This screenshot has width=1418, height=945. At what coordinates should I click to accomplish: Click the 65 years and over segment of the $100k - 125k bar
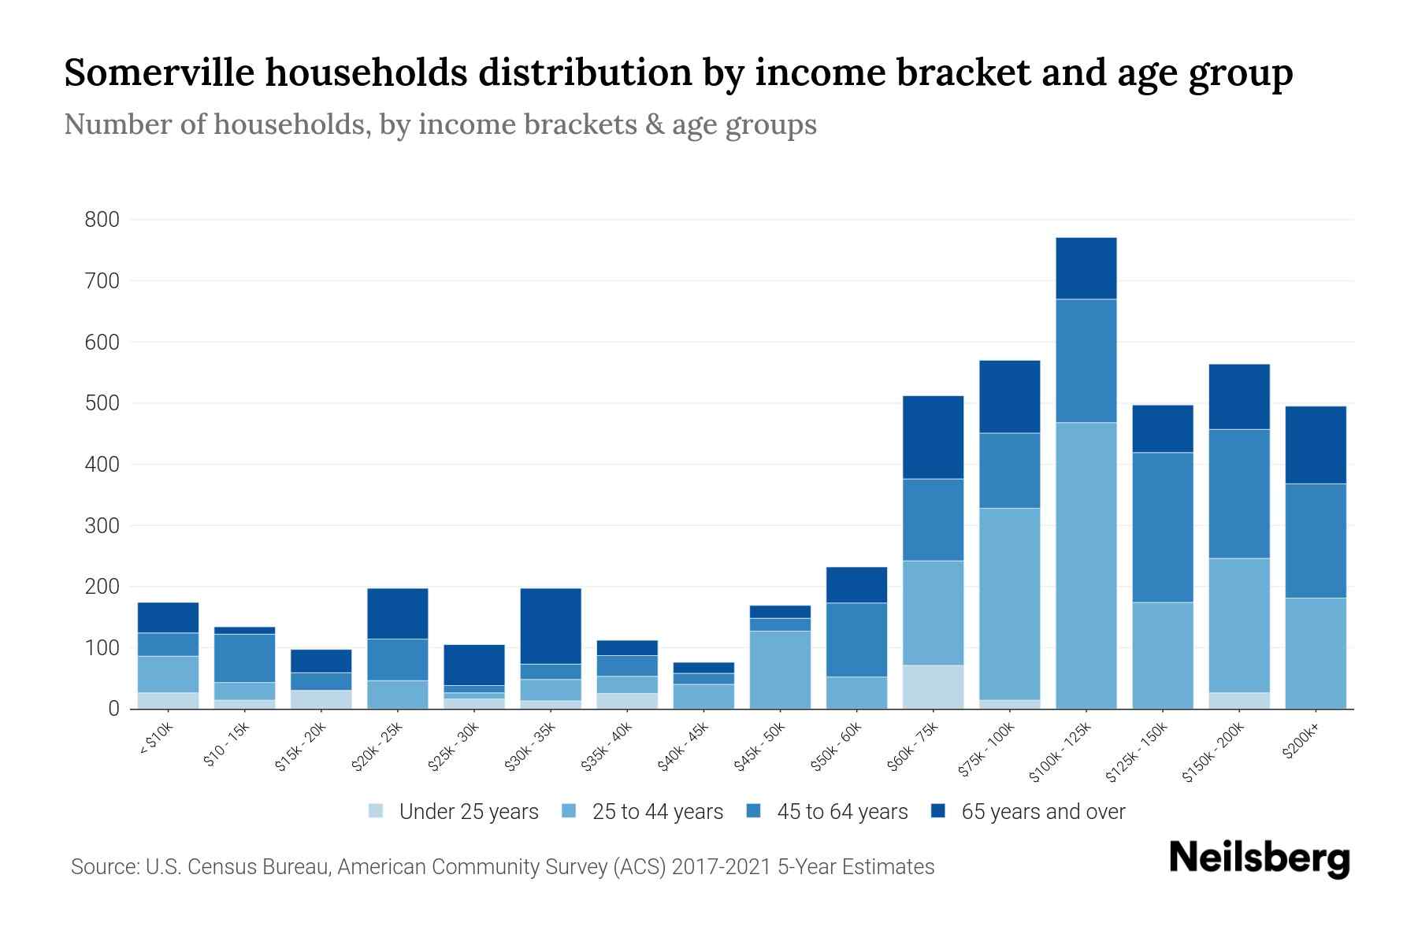(x=1086, y=269)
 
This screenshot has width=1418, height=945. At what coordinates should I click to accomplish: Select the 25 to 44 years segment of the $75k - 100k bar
(x=1009, y=604)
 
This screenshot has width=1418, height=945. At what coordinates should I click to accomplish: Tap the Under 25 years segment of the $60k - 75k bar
(x=933, y=687)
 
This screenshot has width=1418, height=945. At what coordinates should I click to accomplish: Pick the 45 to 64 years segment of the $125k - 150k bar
(x=1163, y=527)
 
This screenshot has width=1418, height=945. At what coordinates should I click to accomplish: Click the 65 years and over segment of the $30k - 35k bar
(x=551, y=626)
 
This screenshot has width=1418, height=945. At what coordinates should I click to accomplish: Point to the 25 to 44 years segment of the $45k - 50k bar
(x=780, y=669)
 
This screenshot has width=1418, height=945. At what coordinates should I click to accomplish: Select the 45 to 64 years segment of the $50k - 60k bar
(x=856, y=639)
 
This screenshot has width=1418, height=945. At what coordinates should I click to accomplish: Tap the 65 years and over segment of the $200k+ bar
(x=1316, y=445)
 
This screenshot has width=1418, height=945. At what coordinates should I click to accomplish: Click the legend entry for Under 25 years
(x=454, y=811)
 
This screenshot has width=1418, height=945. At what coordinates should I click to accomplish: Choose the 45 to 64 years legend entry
(x=827, y=811)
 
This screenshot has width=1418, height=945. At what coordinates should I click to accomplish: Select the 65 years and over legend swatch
(x=938, y=810)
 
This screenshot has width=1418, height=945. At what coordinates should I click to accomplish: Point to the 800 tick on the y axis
(x=102, y=220)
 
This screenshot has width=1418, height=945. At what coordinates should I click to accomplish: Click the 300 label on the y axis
(x=102, y=525)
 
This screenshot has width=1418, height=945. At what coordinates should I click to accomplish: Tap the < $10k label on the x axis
(x=156, y=739)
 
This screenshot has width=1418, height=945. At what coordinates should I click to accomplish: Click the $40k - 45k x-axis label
(x=683, y=747)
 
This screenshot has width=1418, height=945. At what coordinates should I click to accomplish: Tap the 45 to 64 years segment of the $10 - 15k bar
(x=244, y=658)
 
